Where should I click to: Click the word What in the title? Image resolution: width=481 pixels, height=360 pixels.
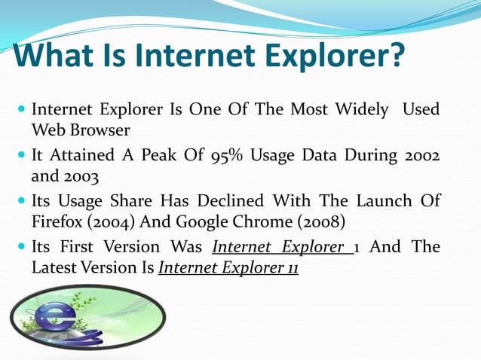point(57,56)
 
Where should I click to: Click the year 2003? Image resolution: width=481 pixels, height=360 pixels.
point(79,178)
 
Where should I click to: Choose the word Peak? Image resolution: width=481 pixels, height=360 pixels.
point(141,157)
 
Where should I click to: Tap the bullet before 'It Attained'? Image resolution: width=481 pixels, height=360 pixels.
point(20,157)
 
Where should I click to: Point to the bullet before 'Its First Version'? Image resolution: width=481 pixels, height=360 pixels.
point(20,247)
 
